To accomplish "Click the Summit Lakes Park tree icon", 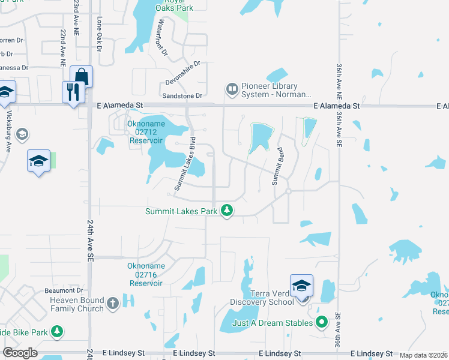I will pyautogui.click(x=227, y=211).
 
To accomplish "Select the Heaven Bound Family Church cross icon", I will pyautogui.click(x=113, y=304).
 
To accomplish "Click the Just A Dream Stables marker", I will pyautogui.click(x=322, y=323).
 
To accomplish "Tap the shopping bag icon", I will pyautogui.click(x=82, y=76).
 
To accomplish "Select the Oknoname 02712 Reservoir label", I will pyautogui.click(x=145, y=132).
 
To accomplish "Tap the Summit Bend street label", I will pyautogui.click(x=277, y=166).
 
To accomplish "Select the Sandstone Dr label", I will pyautogui.click(x=182, y=95).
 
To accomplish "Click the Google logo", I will pyautogui.click(x=20, y=353).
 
